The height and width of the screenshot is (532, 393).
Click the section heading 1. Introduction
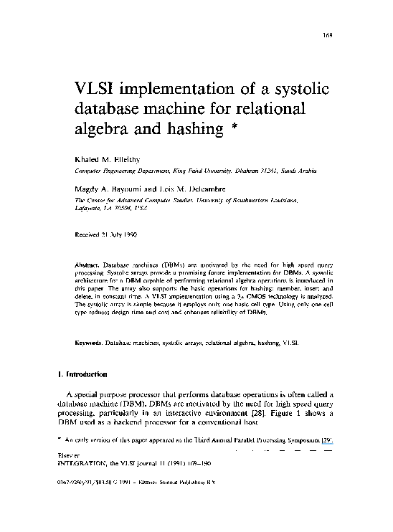coord(82,374)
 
